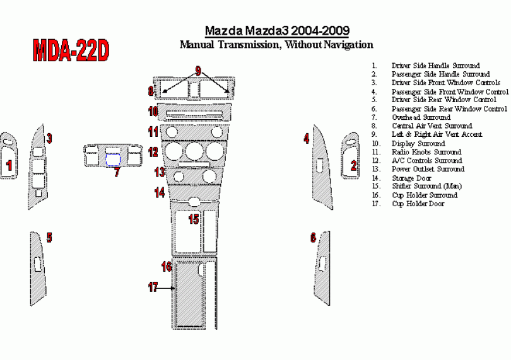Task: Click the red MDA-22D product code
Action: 71,50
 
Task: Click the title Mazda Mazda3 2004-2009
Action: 277,31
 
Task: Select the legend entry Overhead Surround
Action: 421,117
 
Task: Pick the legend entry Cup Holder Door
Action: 418,204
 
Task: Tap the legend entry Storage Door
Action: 411,178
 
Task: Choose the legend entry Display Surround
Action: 418,144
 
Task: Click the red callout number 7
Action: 117,172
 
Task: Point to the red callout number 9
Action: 198,71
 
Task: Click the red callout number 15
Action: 194,219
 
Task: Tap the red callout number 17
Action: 153,287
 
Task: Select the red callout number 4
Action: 307,139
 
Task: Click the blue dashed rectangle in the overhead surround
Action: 113,160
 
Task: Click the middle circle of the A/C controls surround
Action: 195,151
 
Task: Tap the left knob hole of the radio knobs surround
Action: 171,132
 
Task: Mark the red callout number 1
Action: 9,165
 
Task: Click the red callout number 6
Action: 313,238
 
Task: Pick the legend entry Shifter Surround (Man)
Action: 426,187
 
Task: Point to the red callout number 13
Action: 160,172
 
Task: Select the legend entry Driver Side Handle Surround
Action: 436,66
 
